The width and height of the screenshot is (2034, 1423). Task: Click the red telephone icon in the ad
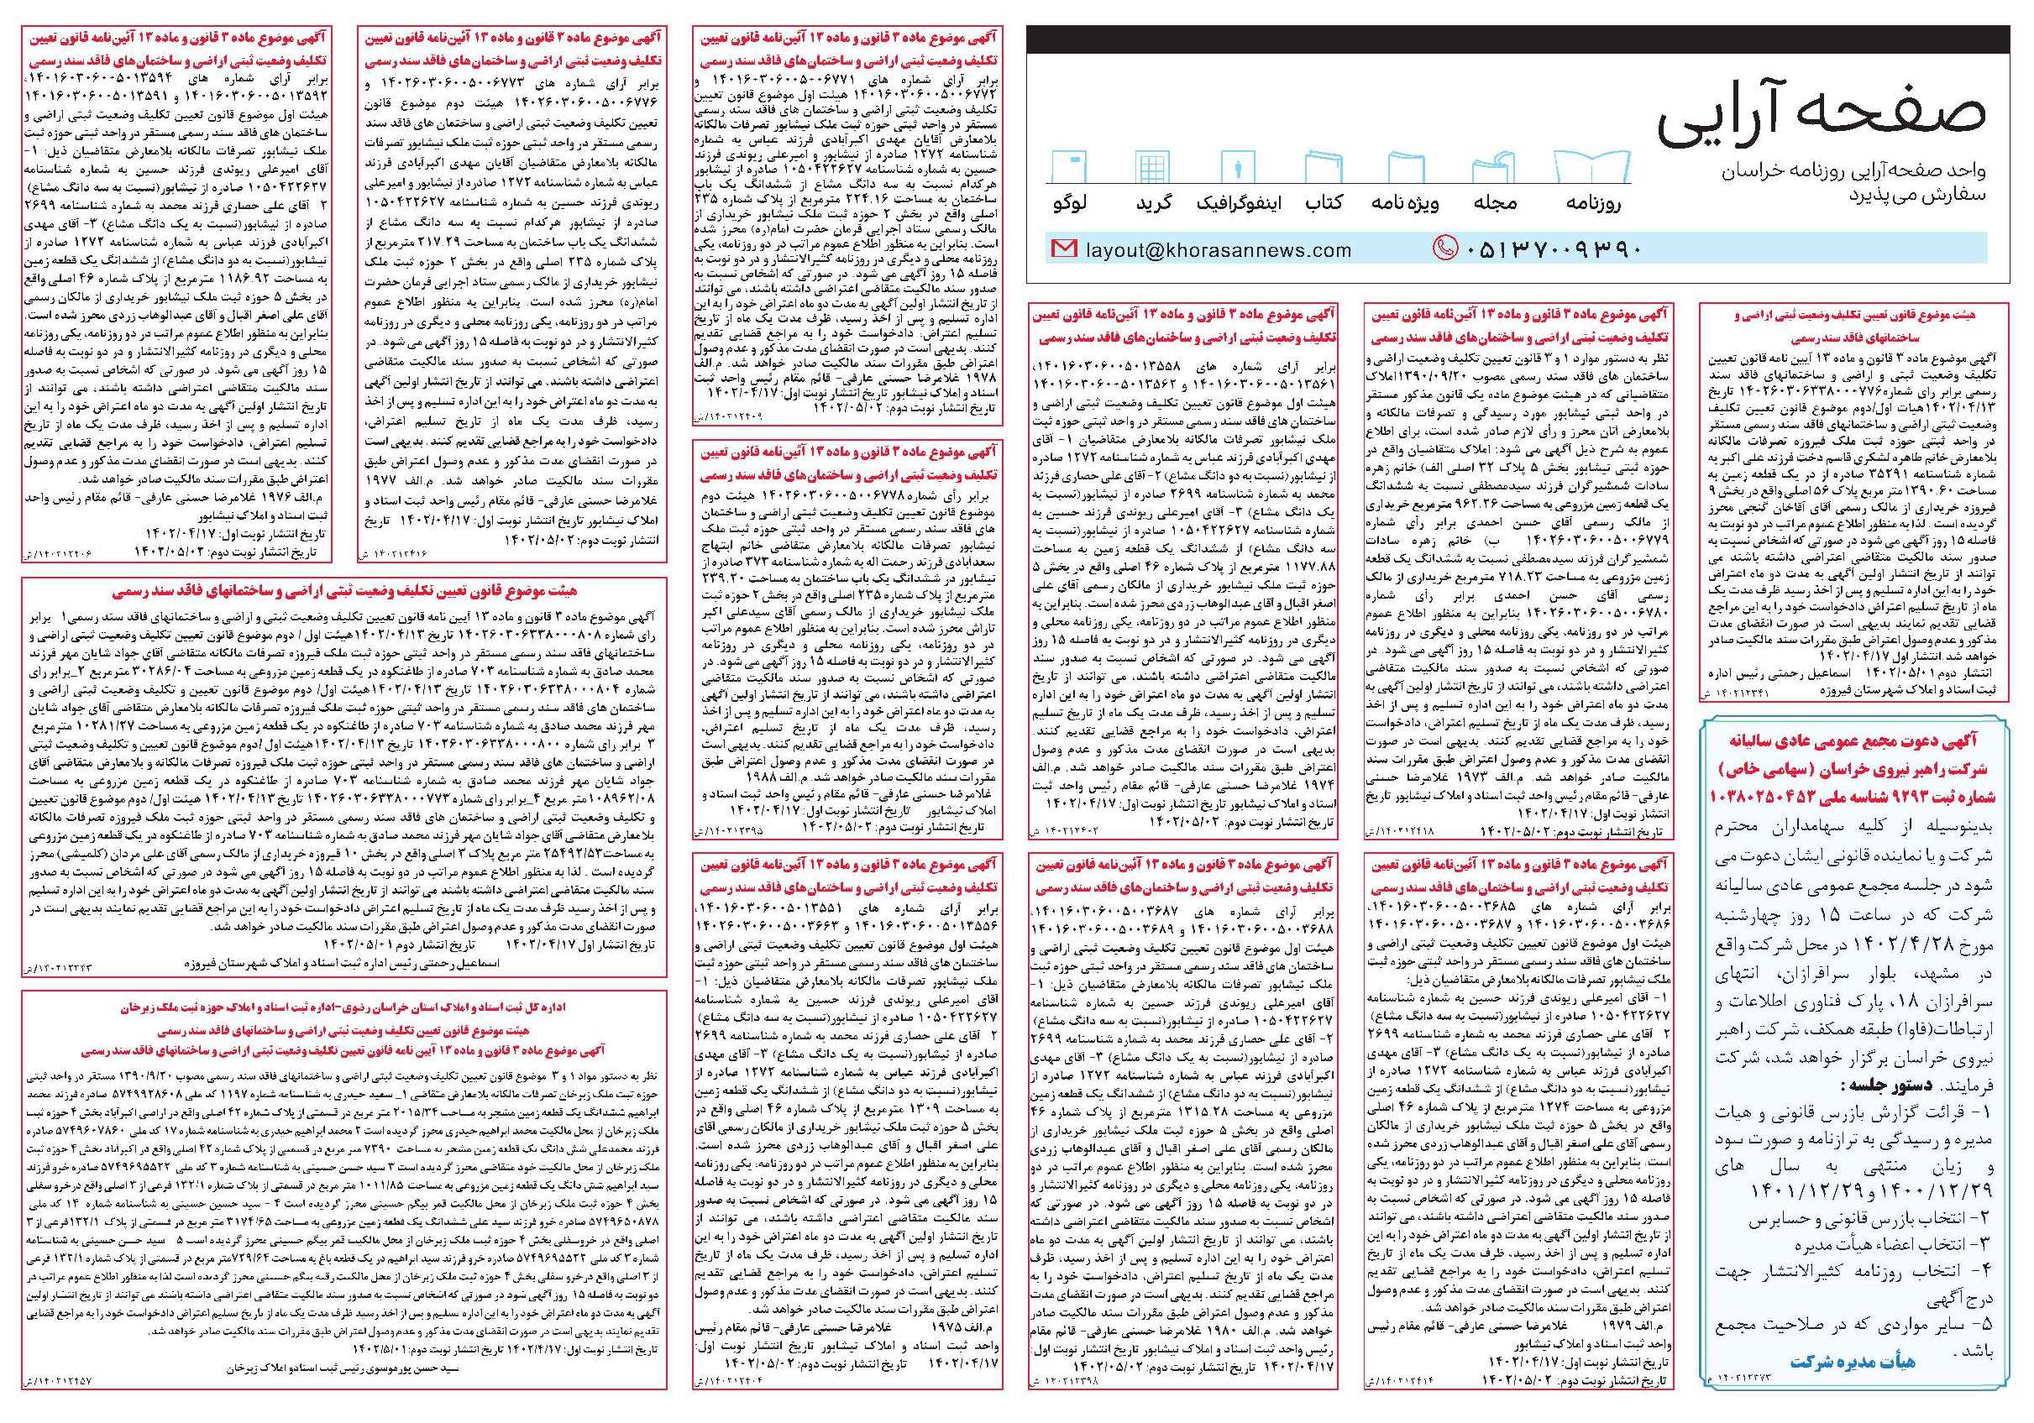coord(1444,249)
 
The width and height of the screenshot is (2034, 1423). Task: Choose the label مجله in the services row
coord(1495,203)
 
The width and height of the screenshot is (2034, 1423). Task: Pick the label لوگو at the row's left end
coord(1069,203)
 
